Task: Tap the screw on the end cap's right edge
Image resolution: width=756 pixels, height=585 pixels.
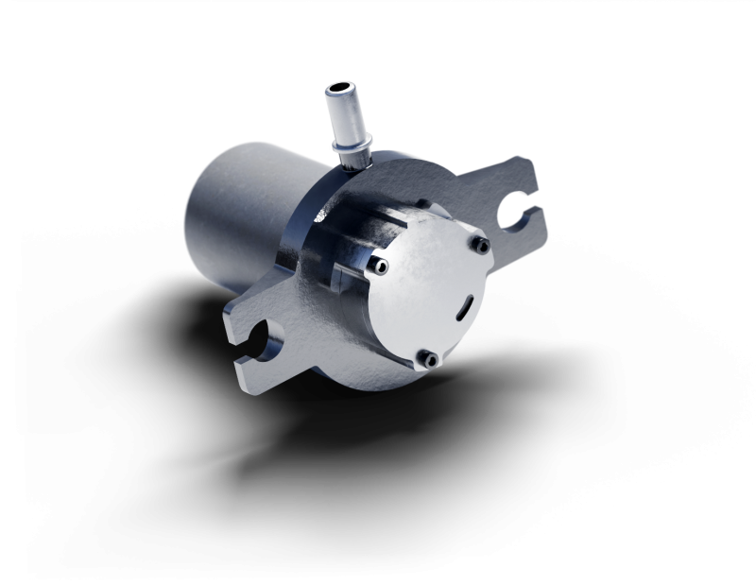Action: coord(480,246)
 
